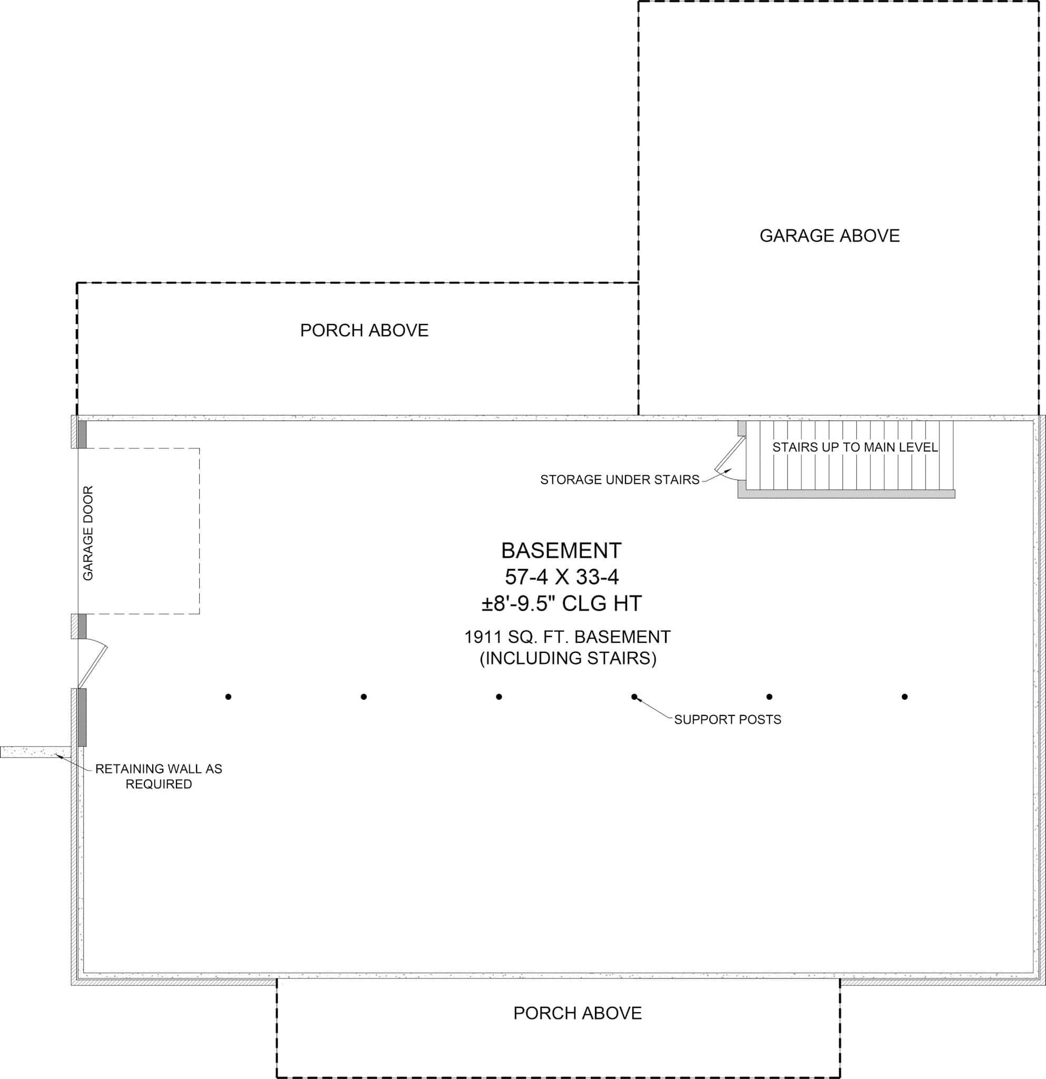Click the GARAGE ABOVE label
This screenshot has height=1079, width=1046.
click(829, 236)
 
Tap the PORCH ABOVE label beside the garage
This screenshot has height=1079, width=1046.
click(364, 330)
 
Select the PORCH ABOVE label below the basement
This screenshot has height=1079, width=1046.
click(578, 1013)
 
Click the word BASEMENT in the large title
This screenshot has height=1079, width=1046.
click(561, 551)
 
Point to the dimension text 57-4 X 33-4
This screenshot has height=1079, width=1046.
click(562, 577)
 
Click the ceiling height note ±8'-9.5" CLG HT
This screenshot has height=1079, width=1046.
click(562, 603)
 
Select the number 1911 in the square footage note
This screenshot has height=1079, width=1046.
click(483, 637)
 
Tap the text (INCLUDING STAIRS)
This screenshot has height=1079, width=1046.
click(568, 658)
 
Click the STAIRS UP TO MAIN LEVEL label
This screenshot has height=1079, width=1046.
click(854, 447)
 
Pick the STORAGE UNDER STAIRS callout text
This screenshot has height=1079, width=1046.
click(619, 479)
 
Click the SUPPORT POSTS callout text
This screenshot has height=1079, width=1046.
click(727, 720)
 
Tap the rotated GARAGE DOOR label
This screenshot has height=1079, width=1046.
click(88, 532)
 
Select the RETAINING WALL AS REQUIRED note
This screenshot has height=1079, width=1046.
click(159, 776)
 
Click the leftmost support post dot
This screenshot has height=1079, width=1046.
click(229, 697)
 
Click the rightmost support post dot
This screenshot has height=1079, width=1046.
click(905, 697)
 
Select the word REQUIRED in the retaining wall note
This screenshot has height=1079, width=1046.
click(159, 784)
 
